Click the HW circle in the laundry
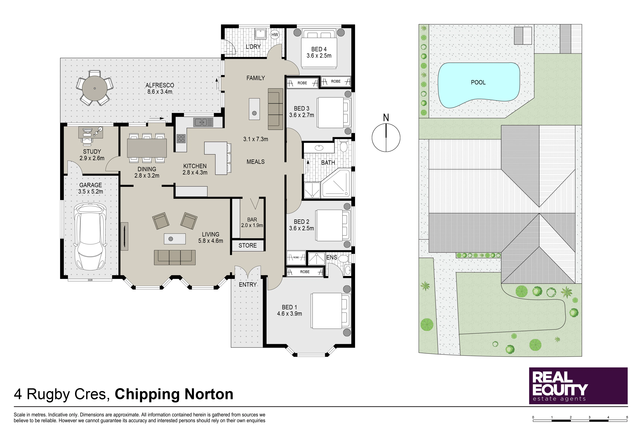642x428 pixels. pyautogui.click(x=275, y=35)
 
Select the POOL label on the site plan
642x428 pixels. pyautogui.click(x=478, y=82)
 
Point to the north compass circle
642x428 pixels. pyautogui.click(x=386, y=138)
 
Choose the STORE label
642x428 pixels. pyautogui.click(x=248, y=245)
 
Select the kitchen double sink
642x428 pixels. pyautogui.click(x=203, y=122)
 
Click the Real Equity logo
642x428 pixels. pyautogui.click(x=578, y=386)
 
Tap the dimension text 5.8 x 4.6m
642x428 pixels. pyautogui.click(x=210, y=241)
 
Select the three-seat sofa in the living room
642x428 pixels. pyautogui.click(x=175, y=257)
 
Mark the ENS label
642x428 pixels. pyautogui.click(x=332, y=257)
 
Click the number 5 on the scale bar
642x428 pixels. pyautogui.click(x=627, y=417)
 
